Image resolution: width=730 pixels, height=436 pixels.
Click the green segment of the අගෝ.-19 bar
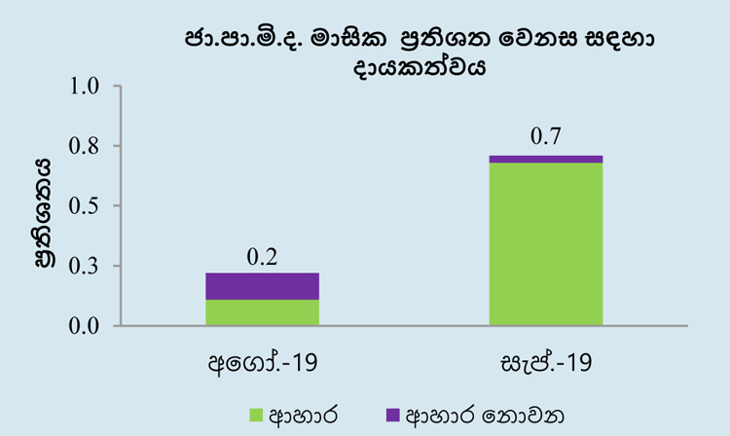[262, 312]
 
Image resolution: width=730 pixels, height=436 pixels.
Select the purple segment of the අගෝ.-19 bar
[262, 286]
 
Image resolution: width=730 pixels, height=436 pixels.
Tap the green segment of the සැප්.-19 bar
[546, 244]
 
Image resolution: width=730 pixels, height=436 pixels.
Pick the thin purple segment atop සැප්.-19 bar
[546, 160]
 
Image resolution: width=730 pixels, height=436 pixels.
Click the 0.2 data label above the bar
[262, 257]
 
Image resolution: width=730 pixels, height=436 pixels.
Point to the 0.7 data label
[546, 136]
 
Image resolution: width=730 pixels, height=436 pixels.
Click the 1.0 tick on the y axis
[85, 87]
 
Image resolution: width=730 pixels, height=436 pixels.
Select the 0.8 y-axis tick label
[85, 146]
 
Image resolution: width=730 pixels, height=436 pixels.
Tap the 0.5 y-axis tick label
[85, 206]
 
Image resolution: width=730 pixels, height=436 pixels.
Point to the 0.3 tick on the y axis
[85, 266]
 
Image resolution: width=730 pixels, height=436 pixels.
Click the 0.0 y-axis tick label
[85, 326]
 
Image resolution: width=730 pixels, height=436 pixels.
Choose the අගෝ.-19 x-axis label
[263, 362]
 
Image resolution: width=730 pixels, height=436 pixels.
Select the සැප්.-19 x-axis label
[546, 362]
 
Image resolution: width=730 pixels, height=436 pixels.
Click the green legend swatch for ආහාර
[256, 415]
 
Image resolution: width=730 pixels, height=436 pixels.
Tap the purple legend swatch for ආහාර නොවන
[393, 415]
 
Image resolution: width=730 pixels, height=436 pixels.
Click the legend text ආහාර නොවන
[485, 415]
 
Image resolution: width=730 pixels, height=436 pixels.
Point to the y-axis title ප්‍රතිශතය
[43, 213]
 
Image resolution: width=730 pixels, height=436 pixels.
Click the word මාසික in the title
[349, 39]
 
